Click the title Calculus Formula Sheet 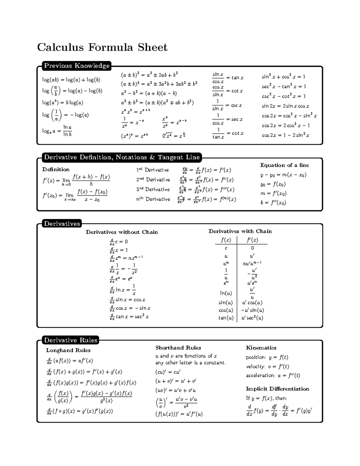pyautogui.click(x=102, y=47)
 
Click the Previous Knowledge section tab pyautogui.click(x=77, y=66)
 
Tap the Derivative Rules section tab pyautogui.click(x=71, y=340)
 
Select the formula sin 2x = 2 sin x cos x pyautogui.click(x=285, y=106)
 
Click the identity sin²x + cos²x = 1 pyautogui.click(x=283, y=77)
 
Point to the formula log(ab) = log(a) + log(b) pyautogui.click(x=71, y=80)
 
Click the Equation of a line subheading pyautogui.click(x=284, y=165)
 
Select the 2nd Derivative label pyautogui.click(x=153, y=180)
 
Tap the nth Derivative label pyautogui.click(x=153, y=199)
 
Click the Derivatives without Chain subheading pyautogui.click(x=122, y=232)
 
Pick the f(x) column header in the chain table pyautogui.click(x=226, y=240)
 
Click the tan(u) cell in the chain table pyautogui.click(x=226, y=318)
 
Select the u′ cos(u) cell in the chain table pyautogui.click(x=252, y=303)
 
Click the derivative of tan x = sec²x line pyautogui.click(x=129, y=317)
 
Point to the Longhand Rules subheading pyautogui.click(x=68, y=350)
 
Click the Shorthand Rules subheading pyautogui.click(x=178, y=348)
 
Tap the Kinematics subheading pyautogui.click(x=261, y=348)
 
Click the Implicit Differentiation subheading pyautogui.click(x=277, y=389)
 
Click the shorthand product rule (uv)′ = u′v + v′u pyautogui.click(x=175, y=390)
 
